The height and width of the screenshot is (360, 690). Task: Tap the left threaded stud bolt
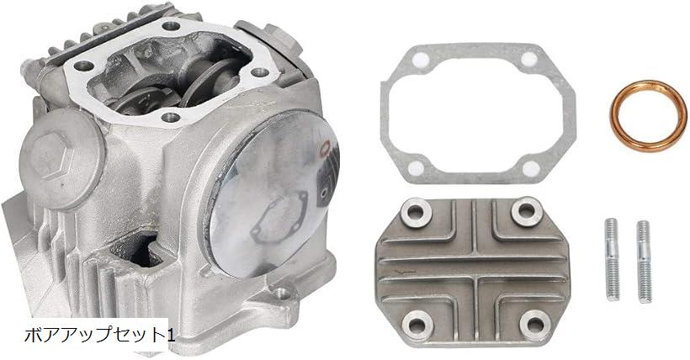(x=612, y=260)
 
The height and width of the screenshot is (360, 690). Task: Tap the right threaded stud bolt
(x=644, y=262)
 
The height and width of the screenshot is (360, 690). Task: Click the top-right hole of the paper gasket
(x=528, y=61)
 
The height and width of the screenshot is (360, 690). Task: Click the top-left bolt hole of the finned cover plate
(x=415, y=212)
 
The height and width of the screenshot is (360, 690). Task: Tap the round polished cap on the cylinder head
(x=265, y=199)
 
